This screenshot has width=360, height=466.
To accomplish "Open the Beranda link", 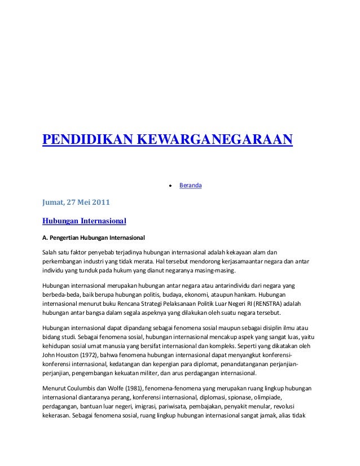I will [190, 185].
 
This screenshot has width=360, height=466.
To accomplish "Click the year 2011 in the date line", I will [87, 201].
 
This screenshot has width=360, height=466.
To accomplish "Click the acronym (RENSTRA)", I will [270, 302].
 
